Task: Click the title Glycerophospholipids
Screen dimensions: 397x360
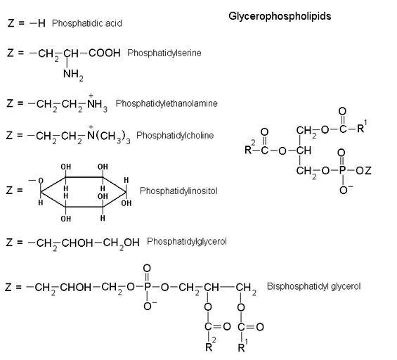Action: coord(280,16)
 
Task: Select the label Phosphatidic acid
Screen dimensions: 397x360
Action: coord(87,23)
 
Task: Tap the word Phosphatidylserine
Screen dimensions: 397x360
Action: coord(164,53)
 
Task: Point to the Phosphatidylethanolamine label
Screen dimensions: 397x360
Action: coord(167,103)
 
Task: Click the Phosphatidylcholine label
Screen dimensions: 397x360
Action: coord(175,135)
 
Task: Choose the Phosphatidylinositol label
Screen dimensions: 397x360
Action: coord(178,191)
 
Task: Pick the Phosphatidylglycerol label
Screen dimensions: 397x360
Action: coord(187,241)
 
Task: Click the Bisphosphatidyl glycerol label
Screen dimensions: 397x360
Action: coord(313,286)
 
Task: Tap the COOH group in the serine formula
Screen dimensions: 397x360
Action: coord(104,53)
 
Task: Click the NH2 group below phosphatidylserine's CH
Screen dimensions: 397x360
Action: coord(73,75)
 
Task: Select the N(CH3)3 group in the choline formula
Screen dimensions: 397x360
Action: coord(109,135)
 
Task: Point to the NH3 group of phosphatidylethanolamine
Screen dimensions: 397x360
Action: coord(97,103)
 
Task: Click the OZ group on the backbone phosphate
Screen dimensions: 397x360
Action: coord(363,170)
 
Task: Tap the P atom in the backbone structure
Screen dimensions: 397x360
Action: coord(342,170)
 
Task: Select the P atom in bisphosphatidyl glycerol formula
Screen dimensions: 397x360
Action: coord(148,287)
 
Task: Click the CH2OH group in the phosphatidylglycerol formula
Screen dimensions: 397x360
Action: coord(121,243)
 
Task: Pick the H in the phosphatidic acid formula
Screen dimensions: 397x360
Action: coord(41,23)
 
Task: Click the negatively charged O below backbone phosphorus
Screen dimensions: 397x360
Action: coord(344,190)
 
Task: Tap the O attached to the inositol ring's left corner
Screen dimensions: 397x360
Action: coord(41,181)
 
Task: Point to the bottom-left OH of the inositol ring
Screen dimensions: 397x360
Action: coord(66,219)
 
